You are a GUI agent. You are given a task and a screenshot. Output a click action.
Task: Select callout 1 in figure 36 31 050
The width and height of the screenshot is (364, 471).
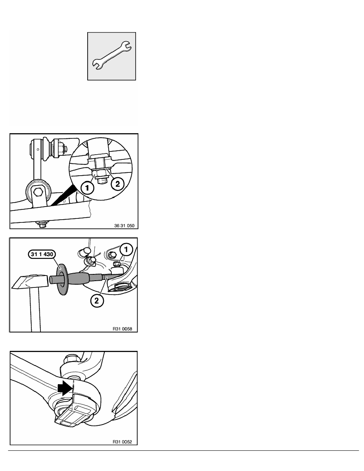pyautogui.click(x=87, y=188)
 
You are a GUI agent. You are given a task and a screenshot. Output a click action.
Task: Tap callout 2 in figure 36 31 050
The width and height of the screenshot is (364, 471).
pyautogui.click(x=117, y=184)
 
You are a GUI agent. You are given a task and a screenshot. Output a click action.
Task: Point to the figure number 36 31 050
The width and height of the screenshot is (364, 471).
pyautogui.click(x=125, y=226)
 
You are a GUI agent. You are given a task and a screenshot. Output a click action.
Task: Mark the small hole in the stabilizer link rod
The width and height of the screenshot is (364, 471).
pyautogui.click(x=38, y=149)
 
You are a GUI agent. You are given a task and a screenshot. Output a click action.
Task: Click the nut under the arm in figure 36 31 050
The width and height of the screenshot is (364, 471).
pyautogui.click(x=42, y=224)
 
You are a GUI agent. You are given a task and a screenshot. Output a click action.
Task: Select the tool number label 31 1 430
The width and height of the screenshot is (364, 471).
pyautogui.click(x=42, y=254)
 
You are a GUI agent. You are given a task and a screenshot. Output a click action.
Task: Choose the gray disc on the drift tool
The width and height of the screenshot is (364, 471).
pyautogui.click(x=63, y=279)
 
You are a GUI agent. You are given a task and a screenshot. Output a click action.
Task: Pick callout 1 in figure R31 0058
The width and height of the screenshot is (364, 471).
pyautogui.click(x=126, y=249)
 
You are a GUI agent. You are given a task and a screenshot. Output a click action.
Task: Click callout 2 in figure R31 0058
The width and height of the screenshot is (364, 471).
pyautogui.click(x=97, y=301)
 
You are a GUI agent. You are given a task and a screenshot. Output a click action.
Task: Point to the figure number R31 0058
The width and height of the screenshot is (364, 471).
pyautogui.click(x=122, y=329)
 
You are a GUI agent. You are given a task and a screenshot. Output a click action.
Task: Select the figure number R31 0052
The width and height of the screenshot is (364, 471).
pyautogui.click(x=122, y=442)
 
